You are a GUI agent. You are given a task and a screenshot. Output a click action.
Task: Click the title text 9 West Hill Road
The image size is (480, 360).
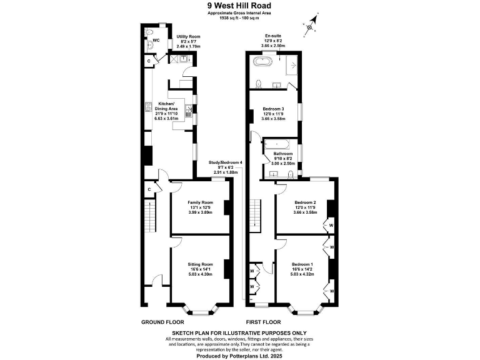point(240,4)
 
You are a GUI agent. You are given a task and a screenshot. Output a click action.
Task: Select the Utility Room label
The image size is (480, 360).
point(188,36)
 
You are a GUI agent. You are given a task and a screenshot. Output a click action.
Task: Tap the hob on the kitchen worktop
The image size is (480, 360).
point(149,106)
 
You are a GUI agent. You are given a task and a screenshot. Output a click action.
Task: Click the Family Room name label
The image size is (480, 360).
point(201,202)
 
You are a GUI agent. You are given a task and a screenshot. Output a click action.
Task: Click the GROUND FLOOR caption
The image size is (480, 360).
point(162,322)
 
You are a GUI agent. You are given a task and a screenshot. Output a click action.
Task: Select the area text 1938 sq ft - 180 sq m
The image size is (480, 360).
point(240,17)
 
